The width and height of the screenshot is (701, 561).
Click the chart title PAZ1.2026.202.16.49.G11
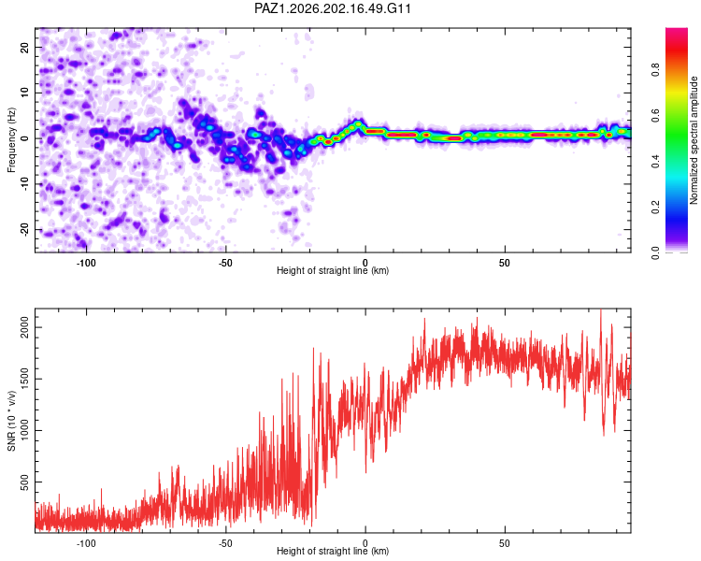[x=332, y=8]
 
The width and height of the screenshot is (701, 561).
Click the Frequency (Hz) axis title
[x=11, y=140]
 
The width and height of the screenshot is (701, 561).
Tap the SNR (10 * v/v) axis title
[x=11, y=421]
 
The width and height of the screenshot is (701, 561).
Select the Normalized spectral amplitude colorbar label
[x=694, y=140]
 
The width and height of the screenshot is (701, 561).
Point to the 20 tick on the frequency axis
[x=24, y=47]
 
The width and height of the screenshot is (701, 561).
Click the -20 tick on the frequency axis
[x=24, y=229]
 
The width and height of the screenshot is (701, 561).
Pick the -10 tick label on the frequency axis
[x=24, y=184]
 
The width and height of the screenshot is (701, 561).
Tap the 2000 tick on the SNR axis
[x=24, y=327]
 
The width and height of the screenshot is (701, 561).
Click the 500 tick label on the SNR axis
[x=24, y=482]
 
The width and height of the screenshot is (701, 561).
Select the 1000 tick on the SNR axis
[x=24, y=430]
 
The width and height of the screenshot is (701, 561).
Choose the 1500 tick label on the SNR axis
[x=24, y=379]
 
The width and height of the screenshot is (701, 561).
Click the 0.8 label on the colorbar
[x=655, y=69]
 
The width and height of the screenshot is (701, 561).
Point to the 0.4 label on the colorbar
[x=655, y=161]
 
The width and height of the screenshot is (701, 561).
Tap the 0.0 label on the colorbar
[x=655, y=252]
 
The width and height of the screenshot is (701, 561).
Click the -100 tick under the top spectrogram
[x=86, y=263]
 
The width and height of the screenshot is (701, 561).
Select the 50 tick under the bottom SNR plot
[x=505, y=543]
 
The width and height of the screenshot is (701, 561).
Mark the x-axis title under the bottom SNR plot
[x=333, y=551]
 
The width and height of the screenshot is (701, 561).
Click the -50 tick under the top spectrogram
[x=225, y=263]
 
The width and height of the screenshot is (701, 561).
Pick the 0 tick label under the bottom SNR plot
[x=365, y=543]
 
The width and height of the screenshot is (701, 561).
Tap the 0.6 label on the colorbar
[x=655, y=115]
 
